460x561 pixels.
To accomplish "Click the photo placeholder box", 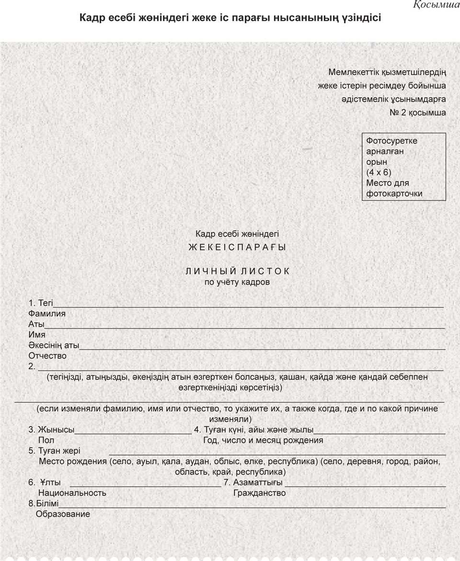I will [x=404, y=166].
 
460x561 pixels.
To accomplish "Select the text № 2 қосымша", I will [x=417, y=113].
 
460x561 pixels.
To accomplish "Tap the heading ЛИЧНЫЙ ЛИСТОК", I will [x=237, y=271].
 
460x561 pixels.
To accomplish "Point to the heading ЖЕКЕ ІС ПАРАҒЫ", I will [x=237, y=247].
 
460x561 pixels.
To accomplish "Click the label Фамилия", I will [x=47, y=314].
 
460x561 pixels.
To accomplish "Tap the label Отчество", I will [x=47, y=356].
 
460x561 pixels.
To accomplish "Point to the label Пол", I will [x=46, y=440].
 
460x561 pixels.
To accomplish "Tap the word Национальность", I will [x=72, y=493].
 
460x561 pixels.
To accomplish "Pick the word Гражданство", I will [x=259, y=493].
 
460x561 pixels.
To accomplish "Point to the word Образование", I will [x=63, y=514].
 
